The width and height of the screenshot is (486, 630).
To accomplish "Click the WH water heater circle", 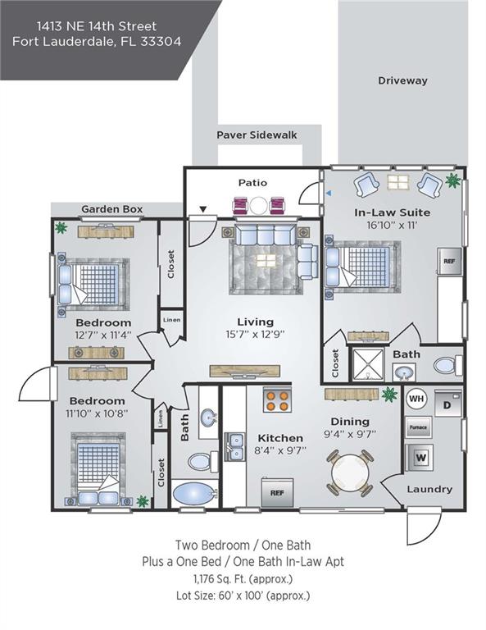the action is (x=416, y=399).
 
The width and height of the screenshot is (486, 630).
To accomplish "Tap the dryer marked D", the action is (x=447, y=404).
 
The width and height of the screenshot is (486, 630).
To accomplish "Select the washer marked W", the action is (x=420, y=457).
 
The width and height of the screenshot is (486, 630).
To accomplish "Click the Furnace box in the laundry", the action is (x=417, y=427).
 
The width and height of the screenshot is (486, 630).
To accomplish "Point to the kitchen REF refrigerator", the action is (x=277, y=492).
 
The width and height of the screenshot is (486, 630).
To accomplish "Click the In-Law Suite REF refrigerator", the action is (x=449, y=262).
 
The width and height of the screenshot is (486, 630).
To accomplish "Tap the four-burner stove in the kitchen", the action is (x=277, y=400).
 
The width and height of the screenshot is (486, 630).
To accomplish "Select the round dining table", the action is (x=350, y=472).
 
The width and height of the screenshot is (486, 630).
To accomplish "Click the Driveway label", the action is (x=402, y=80).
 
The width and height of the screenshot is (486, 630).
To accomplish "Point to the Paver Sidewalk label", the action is (x=257, y=135).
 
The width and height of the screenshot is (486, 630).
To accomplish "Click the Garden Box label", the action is (x=112, y=209).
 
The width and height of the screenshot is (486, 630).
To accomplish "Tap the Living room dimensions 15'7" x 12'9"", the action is (x=255, y=335).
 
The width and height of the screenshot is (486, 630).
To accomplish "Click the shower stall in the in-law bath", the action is (x=368, y=364).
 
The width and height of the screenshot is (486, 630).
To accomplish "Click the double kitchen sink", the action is (x=234, y=447).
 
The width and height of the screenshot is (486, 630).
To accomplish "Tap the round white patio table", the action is (x=259, y=206).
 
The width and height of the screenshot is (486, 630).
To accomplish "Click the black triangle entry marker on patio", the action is (x=203, y=209).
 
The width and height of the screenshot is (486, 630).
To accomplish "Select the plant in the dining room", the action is (x=389, y=394).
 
